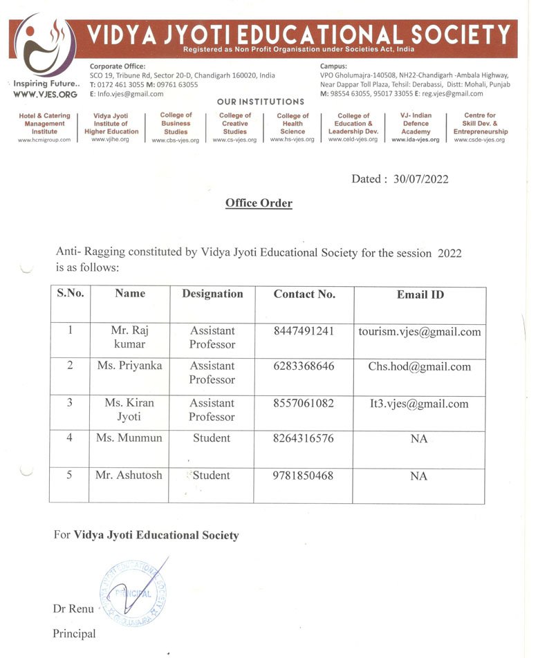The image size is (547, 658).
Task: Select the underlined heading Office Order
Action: tap(259, 203)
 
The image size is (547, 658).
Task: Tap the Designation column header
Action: tap(212, 294)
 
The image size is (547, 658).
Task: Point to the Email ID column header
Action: tap(420, 294)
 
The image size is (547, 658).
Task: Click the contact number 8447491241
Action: tap(304, 330)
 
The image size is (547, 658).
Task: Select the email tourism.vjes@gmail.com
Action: tap(419, 332)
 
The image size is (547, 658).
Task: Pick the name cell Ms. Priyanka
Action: tap(129, 366)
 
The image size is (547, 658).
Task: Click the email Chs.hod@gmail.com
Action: tap(419, 367)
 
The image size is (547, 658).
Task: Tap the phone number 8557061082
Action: tap(304, 403)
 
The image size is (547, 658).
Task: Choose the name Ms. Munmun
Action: tap(129, 438)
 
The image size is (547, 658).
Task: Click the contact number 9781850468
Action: tap(304, 476)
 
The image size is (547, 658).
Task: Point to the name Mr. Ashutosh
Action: tap(129, 476)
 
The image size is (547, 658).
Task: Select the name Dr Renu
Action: tap(73, 609)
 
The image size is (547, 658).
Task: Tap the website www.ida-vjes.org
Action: tap(415, 140)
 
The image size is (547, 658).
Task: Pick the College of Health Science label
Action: tap(293, 123)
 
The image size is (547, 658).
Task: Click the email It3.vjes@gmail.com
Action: tap(419, 404)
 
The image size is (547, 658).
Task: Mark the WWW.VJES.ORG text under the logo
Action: tap(45, 94)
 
